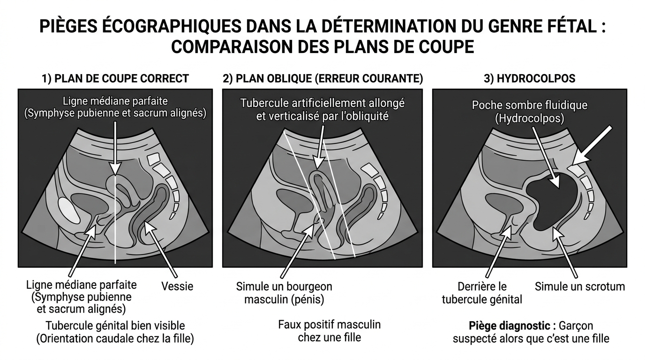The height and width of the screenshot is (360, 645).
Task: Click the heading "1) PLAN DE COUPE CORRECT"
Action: (x=115, y=78)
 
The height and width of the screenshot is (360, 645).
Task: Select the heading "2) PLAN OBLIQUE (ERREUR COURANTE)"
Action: (x=322, y=78)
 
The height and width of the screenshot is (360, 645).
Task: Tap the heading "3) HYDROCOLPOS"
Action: (x=529, y=78)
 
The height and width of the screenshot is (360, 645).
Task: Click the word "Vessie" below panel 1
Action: (x=177, y=286)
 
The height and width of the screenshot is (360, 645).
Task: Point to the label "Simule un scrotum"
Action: (x=580, y=286)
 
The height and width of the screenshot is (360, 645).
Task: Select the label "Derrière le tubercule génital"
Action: (x=482, y=292)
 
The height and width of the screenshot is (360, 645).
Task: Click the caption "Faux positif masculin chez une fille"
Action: (x=329, y=330)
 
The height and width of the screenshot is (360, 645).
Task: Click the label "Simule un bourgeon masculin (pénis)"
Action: (x=284, y=292)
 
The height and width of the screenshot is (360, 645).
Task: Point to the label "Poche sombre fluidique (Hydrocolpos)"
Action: (x=529, y=112)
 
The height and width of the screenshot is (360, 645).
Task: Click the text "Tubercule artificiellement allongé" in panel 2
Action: (x=322, y=102)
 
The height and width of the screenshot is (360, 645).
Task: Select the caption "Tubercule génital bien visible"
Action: (x=115, y=325)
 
